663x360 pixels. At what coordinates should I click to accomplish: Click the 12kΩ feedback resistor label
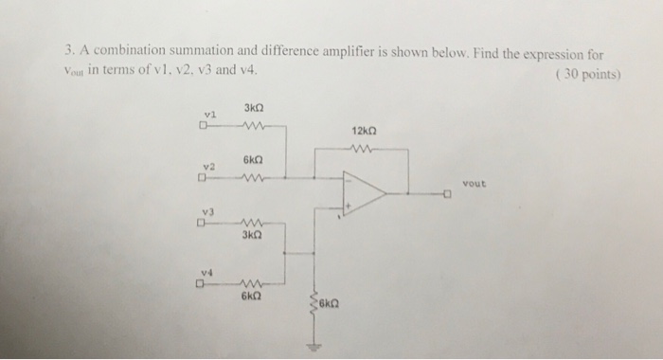(365, 129)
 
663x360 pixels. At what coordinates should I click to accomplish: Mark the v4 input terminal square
(202, 281)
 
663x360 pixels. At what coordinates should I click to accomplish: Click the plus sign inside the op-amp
(349, 203)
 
